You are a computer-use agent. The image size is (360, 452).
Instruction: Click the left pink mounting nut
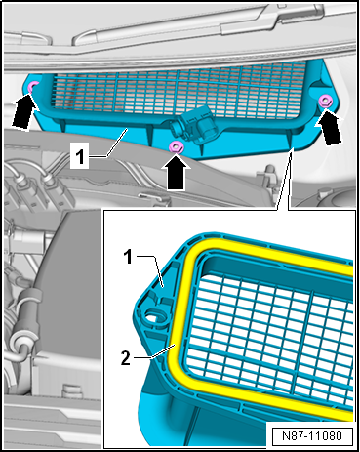tap(33, 86)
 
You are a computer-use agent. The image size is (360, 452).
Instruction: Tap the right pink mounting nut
tap(325, 101)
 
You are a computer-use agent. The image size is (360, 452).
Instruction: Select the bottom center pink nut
tap(177, 147)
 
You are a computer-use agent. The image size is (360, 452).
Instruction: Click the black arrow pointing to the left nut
tap(22, 110)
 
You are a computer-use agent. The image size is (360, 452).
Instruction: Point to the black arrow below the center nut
tap(176, 172)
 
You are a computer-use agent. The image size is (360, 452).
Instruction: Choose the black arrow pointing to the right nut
tap(329, 128)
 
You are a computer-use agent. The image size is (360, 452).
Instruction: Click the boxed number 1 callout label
tap(79, 158)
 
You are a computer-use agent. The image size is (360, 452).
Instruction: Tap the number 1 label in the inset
tap(128, 257)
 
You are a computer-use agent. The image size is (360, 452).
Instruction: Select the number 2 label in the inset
tap(126, 358)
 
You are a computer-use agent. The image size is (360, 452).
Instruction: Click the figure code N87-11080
tap(312, 435)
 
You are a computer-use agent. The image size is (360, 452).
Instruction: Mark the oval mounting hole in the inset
tap(153, 315)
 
